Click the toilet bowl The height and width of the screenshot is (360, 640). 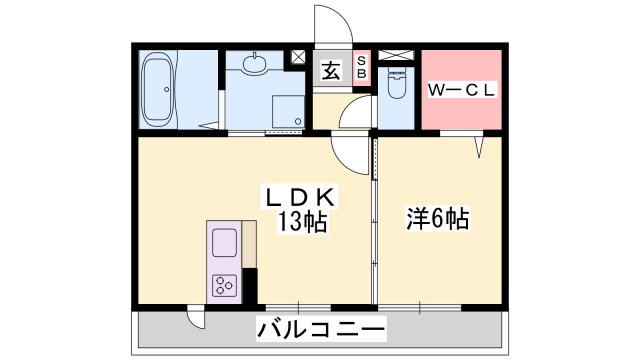pos(396,87)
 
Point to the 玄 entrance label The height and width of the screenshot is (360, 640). pos(330,70)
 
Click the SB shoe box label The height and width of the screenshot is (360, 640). pos(362,70)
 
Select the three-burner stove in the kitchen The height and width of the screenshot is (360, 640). pos(224,285)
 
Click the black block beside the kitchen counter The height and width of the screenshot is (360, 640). pos(250,284)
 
